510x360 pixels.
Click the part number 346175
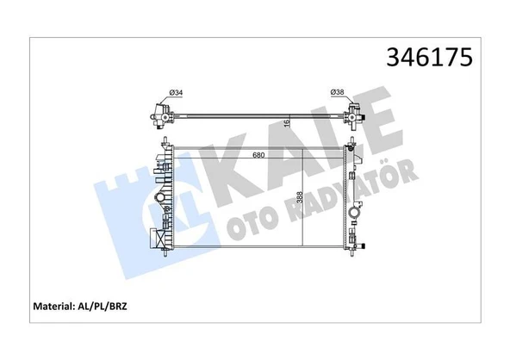point(429,58)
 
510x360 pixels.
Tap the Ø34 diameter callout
point(176,93)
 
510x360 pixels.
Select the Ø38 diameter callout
point(338,92)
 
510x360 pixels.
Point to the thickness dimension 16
point(287,123)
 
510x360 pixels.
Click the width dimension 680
point(259,155)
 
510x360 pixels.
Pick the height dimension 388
point(300,197)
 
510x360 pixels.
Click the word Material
point(53,306)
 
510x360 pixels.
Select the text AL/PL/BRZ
point(102,306)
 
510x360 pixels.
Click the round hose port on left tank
point(159,197)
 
